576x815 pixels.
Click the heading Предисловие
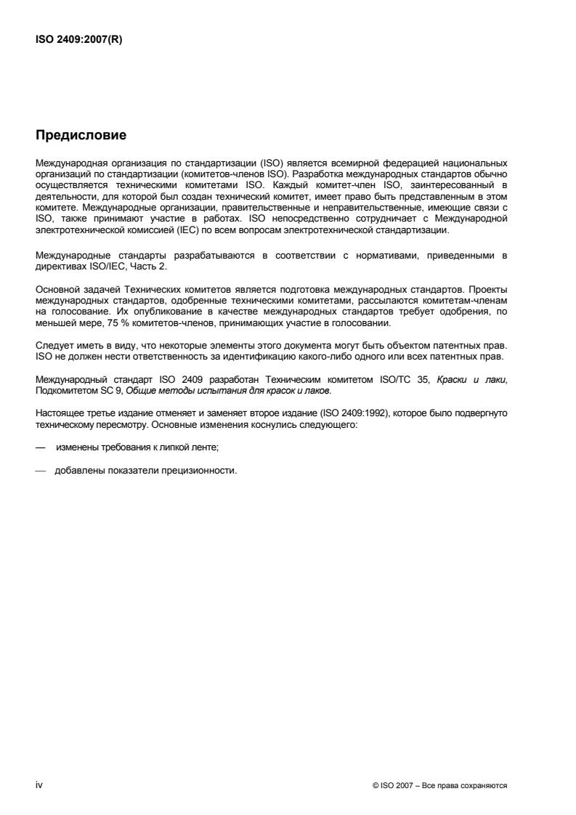click(x=81, y=135)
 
